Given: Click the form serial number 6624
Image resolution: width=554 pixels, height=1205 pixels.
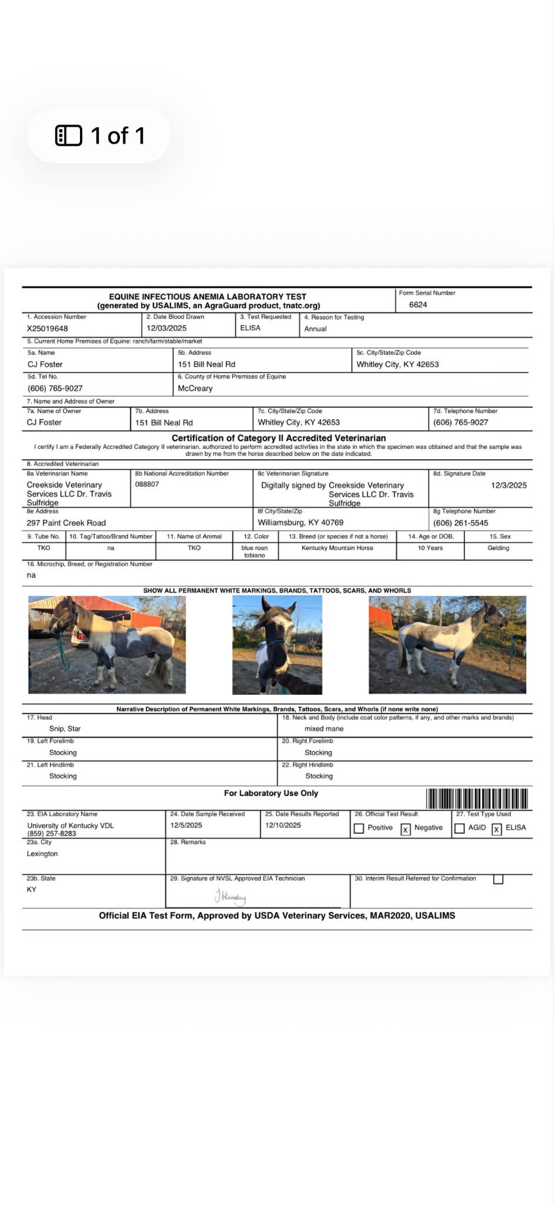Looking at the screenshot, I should pyautogui.click(x=418, y=305).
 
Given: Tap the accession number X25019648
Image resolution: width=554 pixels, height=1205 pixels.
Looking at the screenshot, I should pyautogui.click(x=47, y=329).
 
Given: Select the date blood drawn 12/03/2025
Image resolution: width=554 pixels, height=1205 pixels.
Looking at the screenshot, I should pyautogui.click(x=166, y=328).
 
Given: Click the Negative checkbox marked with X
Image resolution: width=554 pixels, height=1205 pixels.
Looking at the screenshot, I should pyautogui.click(x=405, y=830).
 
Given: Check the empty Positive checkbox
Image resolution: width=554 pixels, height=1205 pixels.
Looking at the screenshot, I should pyautogui.click(x=359, y=828).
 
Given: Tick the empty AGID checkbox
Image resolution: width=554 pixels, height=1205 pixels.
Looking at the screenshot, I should pyautogui.click(x=460, y=828).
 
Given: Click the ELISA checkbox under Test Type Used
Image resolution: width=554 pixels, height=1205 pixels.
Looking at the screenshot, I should pyautogui.click(x=497, y=830).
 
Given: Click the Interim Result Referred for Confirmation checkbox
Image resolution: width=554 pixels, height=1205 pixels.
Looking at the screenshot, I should pyautogui.click(x=498, y=879).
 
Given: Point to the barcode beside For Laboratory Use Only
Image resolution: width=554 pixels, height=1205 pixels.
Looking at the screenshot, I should pyautogui.click(x=477, y=798).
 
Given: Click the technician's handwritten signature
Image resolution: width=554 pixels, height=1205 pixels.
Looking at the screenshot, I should pyautogui.click(x=231, y=897).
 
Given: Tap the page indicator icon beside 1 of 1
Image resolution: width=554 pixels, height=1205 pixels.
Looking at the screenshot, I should pyautogui.click(x=68, y=136).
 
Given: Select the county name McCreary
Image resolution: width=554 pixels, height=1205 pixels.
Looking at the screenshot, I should pyautogui.click(x=195, y=388).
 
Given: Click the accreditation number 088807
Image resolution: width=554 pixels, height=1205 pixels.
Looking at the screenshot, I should pyautogui.click(x=147, y=484).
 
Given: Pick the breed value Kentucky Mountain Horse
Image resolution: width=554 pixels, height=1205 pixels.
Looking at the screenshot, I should pyautogui.click(x=337, y=548).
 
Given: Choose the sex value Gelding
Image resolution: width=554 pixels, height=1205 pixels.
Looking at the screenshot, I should pyautogui.click(x=498, y=548).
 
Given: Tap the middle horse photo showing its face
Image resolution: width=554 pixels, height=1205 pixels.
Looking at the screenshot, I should pyautogui.click(x=277, y=645).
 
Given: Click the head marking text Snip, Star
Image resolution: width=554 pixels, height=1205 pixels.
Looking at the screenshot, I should pyautogui.click(x=65, y=728).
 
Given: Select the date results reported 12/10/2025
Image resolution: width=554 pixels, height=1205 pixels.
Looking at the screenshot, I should pyautogui.click(x=283, y=825).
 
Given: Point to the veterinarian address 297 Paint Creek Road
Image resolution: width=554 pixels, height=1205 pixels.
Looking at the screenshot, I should pyautogui.click(x=66, y=523).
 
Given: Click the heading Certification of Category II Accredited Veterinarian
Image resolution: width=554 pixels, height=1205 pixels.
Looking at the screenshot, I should pyautogui.click(x=279, y=438).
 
